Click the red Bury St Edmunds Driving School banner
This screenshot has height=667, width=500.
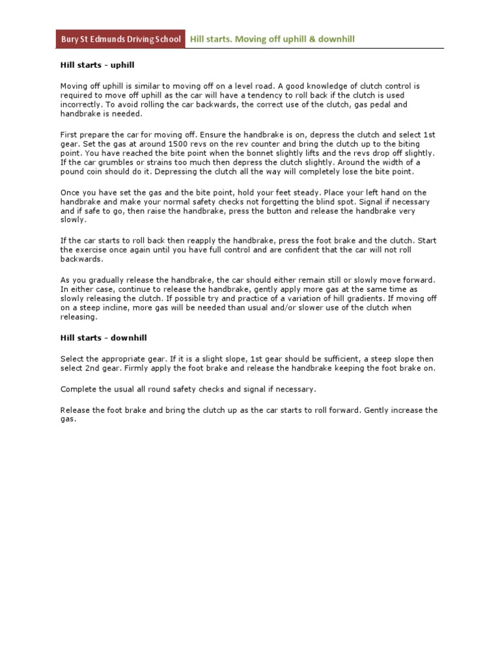(120, 40)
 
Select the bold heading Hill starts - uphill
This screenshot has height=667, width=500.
(98, 66)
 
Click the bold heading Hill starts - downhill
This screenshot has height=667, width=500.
(103, 337)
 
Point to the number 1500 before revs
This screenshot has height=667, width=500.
(180, 143)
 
